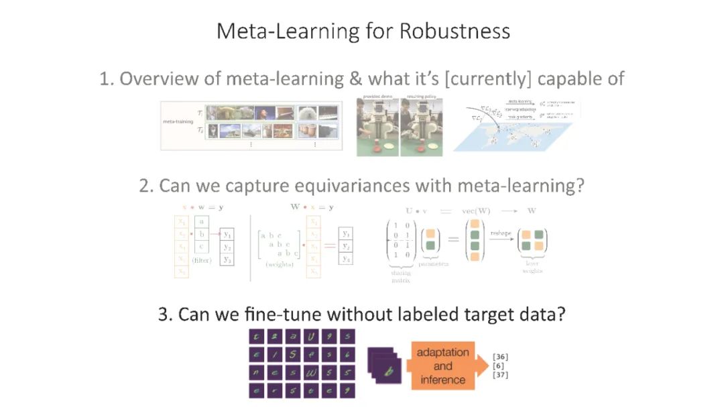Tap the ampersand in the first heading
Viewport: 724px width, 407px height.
tap(353, 78)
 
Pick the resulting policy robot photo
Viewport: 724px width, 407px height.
tap(421, 128)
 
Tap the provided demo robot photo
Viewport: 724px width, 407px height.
tap(377, 128)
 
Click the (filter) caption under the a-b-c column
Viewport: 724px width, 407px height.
tap(201, 259)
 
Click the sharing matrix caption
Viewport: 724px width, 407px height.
tap(400, 276)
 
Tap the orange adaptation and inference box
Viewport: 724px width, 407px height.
tap(442, 366)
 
